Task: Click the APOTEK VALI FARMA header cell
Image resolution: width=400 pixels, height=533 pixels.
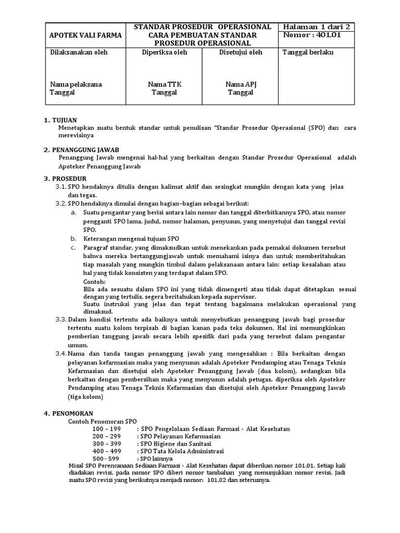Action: click(x=85, y=35)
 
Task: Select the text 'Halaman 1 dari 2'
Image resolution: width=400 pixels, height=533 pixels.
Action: click(x=316, y=27)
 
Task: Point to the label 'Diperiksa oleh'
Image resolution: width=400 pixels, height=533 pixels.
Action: click(x=164, y=53)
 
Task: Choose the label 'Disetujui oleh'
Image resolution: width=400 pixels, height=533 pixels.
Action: click(x=240, y=53)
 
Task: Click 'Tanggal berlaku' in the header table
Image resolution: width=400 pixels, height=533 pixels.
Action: click(x=308, y=53)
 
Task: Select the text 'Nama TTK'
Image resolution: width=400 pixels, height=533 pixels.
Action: click(x=164, y=84)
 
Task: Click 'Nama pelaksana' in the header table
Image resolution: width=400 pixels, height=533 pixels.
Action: click(x=76, y=84)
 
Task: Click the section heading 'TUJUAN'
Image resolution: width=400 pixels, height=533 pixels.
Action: click(x=64, y=120)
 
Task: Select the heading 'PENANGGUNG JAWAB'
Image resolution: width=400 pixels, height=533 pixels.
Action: click(x=85, y=149)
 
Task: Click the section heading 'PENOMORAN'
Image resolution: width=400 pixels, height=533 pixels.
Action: click(x=71, y=413)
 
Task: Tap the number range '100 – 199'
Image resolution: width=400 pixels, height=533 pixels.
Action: click(x=106, y=428)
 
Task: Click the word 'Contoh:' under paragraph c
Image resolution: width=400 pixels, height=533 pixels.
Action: click(x=94, y=281)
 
